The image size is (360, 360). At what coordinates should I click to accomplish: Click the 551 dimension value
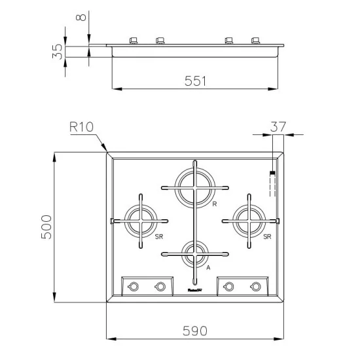196,81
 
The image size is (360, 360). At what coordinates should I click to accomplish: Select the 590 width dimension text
195,331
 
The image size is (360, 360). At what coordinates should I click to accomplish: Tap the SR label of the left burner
159,237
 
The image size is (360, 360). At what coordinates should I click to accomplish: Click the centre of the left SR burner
140,220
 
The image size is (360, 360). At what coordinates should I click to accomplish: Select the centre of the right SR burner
249,220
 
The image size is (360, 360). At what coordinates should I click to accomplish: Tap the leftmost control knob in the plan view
133,286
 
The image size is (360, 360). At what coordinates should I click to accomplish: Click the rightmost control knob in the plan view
256,286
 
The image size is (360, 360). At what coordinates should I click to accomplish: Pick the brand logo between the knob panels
195,286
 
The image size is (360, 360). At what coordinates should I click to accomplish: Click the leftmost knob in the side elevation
134,41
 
